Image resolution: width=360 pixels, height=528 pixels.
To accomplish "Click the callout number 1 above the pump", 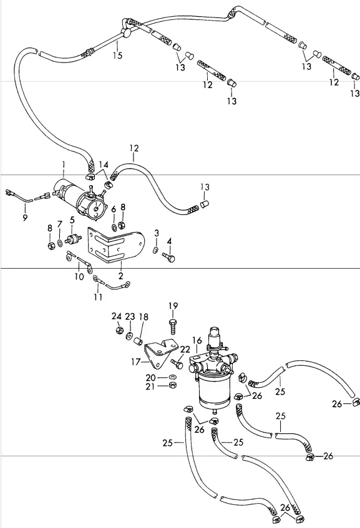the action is click(64, 165).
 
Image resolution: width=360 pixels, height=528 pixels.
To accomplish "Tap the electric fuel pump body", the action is click(81, 199).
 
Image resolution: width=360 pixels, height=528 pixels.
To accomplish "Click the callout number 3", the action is click(157, 233).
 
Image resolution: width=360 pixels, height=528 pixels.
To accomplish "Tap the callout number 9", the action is click(25, 218).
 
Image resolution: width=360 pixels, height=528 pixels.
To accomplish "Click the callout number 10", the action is click(79, 276).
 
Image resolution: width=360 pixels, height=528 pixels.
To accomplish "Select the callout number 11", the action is click(98, 297).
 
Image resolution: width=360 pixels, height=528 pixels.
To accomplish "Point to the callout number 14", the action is click(104, 165).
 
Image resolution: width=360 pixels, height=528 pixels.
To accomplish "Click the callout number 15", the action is click(118, 55).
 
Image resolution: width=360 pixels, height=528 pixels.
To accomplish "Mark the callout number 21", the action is click(150, 386).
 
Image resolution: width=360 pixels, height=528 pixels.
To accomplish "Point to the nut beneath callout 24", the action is click(119, 330).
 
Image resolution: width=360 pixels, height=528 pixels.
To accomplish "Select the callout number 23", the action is click(130, 317).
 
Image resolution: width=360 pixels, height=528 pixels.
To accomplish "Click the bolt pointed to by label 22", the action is click(177, 363).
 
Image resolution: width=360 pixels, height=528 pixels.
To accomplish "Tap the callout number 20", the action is click(150, 378).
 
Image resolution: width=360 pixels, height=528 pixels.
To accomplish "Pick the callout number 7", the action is click(60, 224).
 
